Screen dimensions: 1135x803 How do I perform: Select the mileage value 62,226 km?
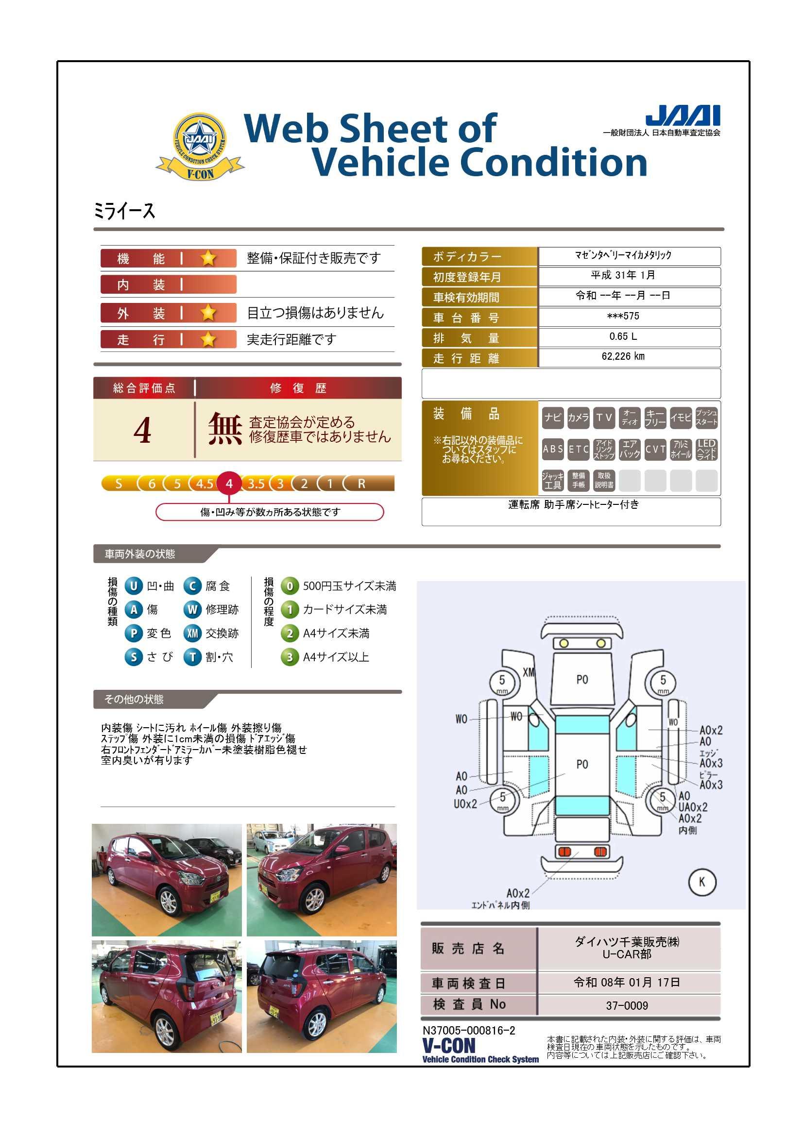[623, 356]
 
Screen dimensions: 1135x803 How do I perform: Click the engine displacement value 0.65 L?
[623, 336]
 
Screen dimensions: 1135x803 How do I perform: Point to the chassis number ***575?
[623, 316]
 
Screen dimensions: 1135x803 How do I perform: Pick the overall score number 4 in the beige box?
[142, 430]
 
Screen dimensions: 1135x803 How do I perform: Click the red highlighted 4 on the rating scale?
[229, 483]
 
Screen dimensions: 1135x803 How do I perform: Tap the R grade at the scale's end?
[362, 484]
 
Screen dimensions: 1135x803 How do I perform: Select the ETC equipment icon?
[579, 449]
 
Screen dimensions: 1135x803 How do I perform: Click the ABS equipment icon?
[553, 449]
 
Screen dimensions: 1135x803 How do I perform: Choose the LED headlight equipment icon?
[706, 449]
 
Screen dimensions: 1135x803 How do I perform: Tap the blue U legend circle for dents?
[134, 586]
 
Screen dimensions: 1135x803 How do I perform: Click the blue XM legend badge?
[192, 633]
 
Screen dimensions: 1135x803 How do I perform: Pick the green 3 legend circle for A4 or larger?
[290, 657]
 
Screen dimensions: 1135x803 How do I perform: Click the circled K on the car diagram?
[701, 882]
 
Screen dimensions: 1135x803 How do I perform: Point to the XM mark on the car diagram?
[529, 672]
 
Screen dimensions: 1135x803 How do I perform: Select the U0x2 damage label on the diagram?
[465, 804]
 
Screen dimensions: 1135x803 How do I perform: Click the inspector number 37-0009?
[626, 1005]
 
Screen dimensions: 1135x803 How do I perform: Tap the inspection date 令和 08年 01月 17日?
[626, 982]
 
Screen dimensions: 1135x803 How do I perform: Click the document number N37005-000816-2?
[469, 1030]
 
